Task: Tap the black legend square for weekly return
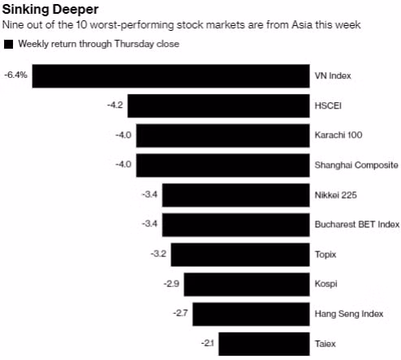coord(9,44)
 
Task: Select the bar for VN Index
coord(170,76)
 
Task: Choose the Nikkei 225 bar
coord(235,195)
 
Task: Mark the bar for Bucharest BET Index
coord(235,225)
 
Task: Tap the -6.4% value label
coord(15,75)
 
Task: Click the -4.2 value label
coord(114,105)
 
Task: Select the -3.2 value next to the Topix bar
coord(158,255)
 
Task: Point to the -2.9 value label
coord(171,284)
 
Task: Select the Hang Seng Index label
coord(344,314)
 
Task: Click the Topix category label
coord(325,255)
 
